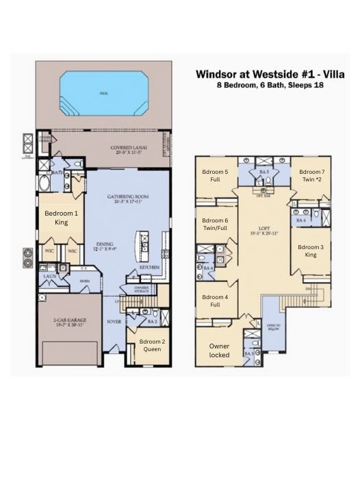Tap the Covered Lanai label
112,149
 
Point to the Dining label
105,247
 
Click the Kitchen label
151,268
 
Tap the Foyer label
114,320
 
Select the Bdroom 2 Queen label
150,346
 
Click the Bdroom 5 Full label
214,175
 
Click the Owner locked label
219,351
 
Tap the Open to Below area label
273,326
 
